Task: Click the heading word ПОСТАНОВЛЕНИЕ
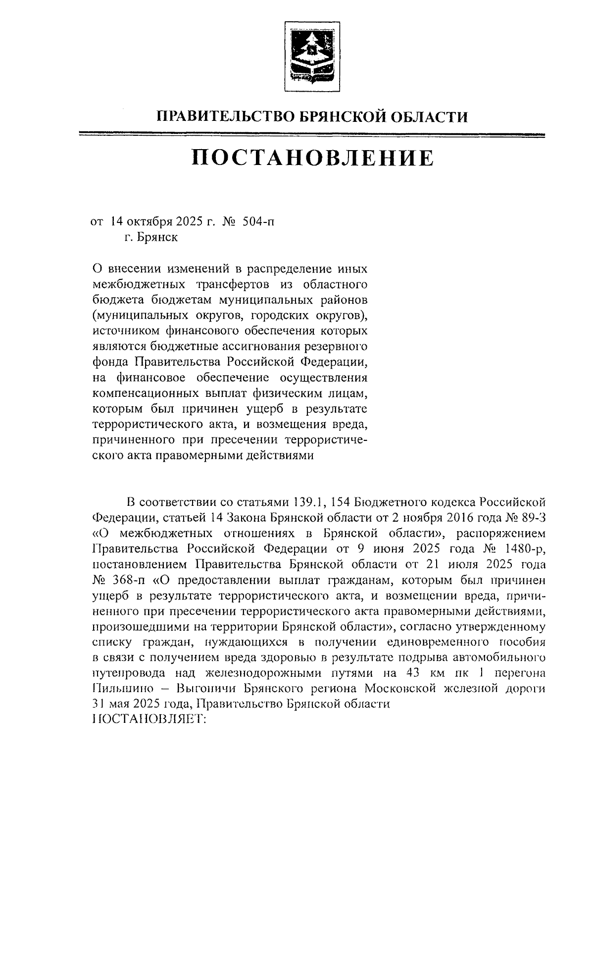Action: point(312,158)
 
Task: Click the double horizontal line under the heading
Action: point(312,134)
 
